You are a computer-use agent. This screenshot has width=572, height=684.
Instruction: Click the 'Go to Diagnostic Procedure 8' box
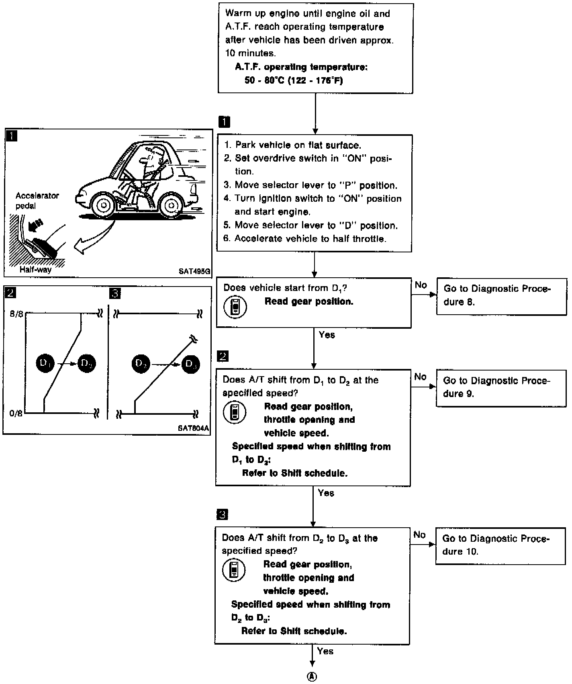[501, 296]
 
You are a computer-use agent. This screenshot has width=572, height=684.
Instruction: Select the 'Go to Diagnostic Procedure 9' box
[501, 387]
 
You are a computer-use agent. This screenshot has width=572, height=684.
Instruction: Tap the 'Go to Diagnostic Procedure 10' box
[500, 545]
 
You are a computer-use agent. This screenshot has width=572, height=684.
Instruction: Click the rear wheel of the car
[171, 206]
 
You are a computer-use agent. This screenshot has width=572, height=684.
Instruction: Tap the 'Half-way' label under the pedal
[36, 270]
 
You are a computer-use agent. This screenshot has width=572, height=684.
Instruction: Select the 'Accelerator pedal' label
[37, 201]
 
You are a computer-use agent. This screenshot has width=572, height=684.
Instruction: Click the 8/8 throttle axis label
[16, 313]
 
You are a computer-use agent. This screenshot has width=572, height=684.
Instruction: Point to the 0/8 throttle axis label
[16, 413]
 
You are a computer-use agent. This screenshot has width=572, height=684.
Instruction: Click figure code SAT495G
[194, 271]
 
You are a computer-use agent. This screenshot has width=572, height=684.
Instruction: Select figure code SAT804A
[194, 428]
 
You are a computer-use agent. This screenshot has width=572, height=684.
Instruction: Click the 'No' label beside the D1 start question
[421, 285]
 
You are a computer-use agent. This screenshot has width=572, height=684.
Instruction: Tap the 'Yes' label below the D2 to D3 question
[325, 651]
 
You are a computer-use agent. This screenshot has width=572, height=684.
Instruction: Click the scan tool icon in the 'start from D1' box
[235, 307]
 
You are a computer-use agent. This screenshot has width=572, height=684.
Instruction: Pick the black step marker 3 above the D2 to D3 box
[222, 514]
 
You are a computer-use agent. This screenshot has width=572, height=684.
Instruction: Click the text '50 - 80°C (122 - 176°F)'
[294, 80]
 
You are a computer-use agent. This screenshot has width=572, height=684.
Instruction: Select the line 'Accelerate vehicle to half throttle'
[305, 239]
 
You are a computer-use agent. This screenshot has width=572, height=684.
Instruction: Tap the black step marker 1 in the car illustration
[12, 136]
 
